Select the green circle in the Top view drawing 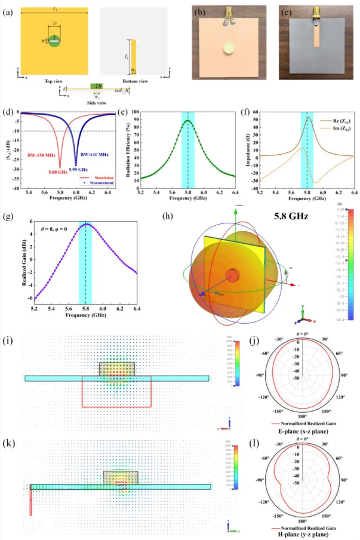tap(54, 42)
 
